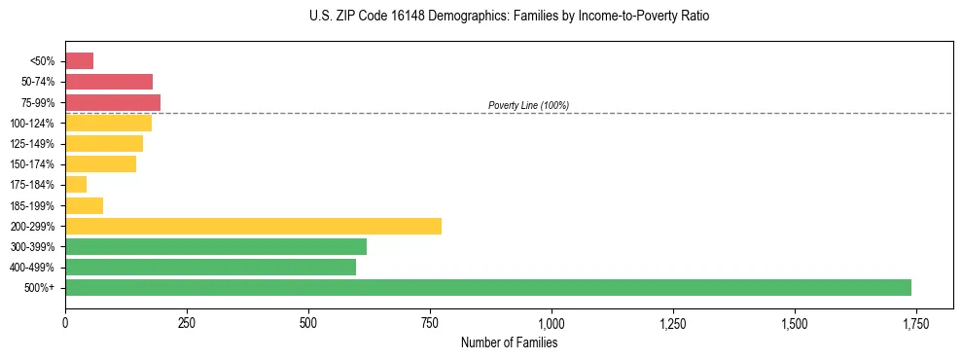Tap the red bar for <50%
[x=79, y=61]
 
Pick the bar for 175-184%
[x=76, y=185]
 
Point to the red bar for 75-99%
[x=113, y=102]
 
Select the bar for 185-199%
[x=84, y=205]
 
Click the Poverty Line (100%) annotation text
[x=528, y=105]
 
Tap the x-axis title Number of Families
[x=509, y=342]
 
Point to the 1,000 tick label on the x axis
[x=552, y=322]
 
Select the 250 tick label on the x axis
[x=187, y=322]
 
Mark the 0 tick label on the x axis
[x=65, y=322]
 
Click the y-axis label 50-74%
[x=38, y=82]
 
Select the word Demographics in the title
[x=452, y=17]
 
